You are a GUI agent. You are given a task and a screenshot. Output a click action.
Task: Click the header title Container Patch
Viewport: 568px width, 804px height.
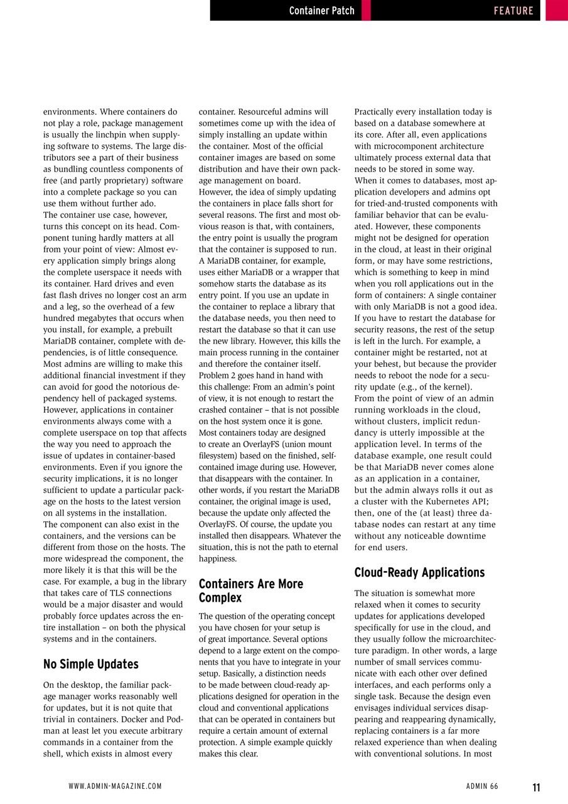pos(321,11)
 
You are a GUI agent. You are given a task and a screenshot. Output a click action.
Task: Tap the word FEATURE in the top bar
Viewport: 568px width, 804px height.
pos(513,11)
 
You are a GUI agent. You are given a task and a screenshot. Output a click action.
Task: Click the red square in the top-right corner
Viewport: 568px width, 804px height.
pos(556,10)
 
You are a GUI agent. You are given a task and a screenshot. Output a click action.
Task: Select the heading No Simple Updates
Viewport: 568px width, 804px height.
pos(91,664)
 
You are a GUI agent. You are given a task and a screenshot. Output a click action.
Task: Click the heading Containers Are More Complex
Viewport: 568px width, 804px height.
pos(251,591)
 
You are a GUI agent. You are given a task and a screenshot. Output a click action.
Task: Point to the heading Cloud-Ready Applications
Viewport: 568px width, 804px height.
pos(419,572)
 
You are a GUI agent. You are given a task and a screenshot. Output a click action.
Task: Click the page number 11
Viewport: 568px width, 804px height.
pos(536,787)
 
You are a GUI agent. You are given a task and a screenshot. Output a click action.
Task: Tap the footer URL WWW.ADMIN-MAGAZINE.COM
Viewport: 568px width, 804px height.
pos(115,786)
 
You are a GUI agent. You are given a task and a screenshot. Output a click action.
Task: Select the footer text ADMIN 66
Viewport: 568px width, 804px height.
pos(482,786)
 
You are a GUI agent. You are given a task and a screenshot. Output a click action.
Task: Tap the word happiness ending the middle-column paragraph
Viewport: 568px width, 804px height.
pos(218,558)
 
